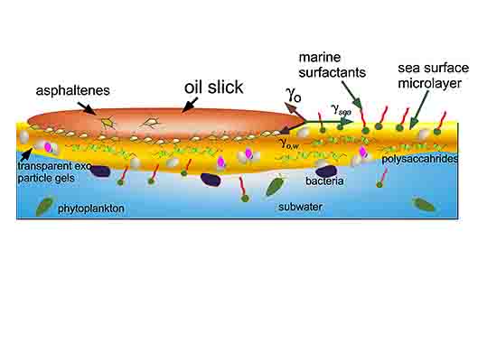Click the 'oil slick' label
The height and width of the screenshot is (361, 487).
pyautogui.click(x=213, y=88)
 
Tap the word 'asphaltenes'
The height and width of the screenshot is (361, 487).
pyautogui.click(x=73, y=90)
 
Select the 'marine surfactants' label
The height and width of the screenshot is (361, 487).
pyautogui.click(x=332, y=65)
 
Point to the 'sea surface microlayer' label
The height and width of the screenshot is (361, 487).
pyautogui.click(x=434, y=76)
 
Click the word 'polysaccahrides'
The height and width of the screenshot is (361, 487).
pyautogui.click(x=420, y=159)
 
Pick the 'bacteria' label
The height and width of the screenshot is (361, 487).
pyautogui.click(x=324, y=181)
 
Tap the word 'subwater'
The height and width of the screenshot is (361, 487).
pyautogui.click(x=300, y=207)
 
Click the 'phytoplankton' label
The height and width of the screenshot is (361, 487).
pyautogui.click(x=91, y=208)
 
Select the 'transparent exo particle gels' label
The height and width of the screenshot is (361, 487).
pyautogui.click(x=54, y=172)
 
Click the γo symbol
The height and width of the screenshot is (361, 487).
pyautogui.click(x=293, y=94)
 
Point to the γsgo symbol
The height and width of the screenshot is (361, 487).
pyautogui.click(x=341, y=110)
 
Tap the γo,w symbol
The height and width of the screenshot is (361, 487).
pyautogui.click(x=289, y=143)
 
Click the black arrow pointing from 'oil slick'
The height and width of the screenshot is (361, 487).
pyautogui.click(x=190, y=105)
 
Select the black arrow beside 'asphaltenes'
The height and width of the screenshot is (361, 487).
pyautogui.click(x=87, y=108)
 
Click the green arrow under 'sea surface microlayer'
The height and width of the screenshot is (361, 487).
pyautogui.click(x=418, y=110)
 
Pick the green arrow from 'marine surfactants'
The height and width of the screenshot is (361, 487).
pyautogui.click(x=351, y=95)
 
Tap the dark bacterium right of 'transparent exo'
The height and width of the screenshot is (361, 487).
pyautogui.click(x=100, y=171)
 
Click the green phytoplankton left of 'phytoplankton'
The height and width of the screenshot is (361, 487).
pyautogui.click(x=43, y=207)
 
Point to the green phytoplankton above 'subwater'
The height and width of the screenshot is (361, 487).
pyautogui.click(x=275, y=185)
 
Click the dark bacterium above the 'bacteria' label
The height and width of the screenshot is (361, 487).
pyautogui.click(x=326, y=171)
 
